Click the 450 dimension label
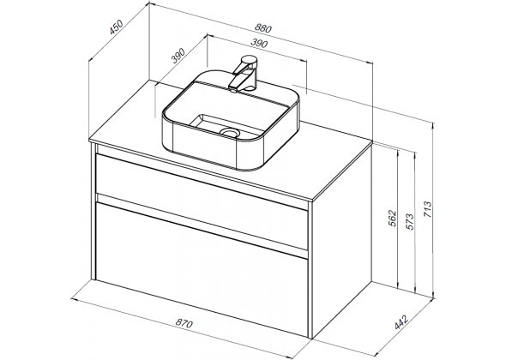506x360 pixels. (x=116, y=27)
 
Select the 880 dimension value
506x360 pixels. (x=263, y=28)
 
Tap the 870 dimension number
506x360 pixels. (x=184, y=322)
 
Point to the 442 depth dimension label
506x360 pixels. (x=401, y=321)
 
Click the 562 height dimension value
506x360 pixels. (x=392, y=219)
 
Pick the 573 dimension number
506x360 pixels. (x=410, y=222)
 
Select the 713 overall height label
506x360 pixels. (x=427, y=209)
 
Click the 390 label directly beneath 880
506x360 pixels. (x=259, y=43)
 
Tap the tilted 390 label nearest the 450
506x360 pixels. (x=178, y=56)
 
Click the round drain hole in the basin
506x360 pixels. (x=230, y=132)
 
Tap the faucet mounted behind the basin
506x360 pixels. (x=244, y=74)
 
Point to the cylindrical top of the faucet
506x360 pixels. (x=249, y=61)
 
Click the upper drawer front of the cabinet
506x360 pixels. (x=202, y=201)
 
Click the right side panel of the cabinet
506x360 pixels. (x=342, y=239)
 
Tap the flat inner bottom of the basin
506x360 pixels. (x=228, y=125)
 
